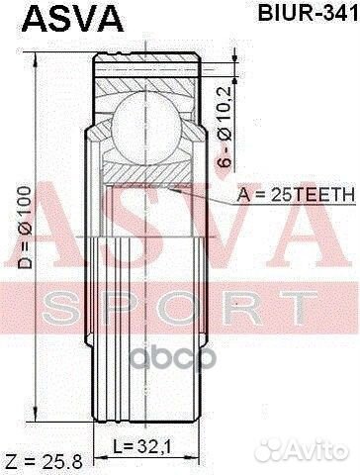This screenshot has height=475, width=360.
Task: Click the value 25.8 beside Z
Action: [x=58, y=462]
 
